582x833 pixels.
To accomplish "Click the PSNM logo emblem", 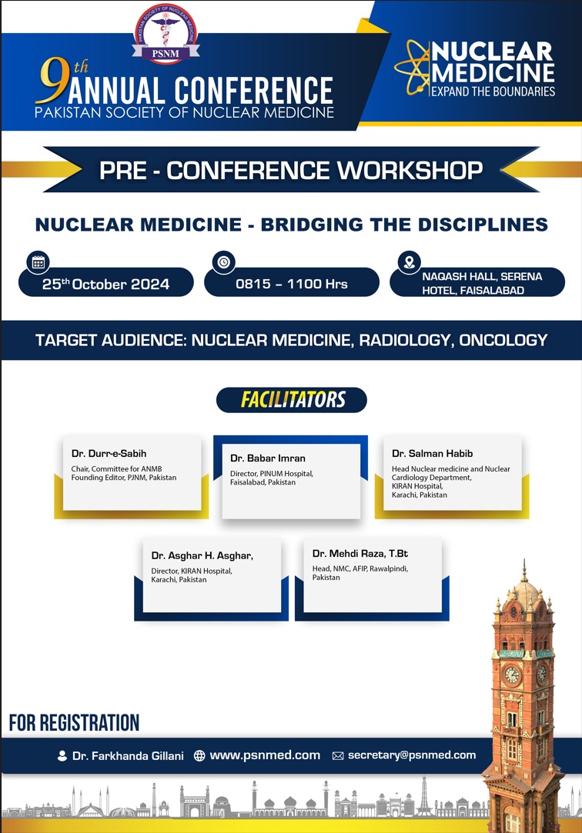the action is [166, 34].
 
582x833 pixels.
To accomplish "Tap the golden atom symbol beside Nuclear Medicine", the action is [413, 68].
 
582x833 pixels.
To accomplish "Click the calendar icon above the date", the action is [38, 262].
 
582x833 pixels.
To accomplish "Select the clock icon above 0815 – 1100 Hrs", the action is [224, 262].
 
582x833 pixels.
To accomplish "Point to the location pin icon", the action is [410, 262].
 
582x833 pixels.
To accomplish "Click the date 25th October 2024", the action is [105, 284].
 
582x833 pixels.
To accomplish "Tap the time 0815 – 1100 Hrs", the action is [292, 284].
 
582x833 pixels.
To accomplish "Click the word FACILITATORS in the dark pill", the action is [293, 399].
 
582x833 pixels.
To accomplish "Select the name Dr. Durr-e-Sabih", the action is [109, 454].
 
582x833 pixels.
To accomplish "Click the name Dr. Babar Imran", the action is [268, 458].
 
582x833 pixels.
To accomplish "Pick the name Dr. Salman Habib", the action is [432, 454].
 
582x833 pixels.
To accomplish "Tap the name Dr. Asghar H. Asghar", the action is [202, 555].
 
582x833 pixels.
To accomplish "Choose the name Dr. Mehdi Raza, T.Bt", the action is [360, 554].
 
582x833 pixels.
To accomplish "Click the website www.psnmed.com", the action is [266, 755].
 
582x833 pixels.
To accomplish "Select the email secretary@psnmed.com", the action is [412, 755].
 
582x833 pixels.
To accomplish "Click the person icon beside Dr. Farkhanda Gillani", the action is [62, 755].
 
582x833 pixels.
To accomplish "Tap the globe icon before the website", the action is [199, 755].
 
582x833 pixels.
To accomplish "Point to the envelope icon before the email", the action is [338, 755].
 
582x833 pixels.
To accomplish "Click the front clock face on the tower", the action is [512, 675].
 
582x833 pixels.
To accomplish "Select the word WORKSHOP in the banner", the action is [410, 170].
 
